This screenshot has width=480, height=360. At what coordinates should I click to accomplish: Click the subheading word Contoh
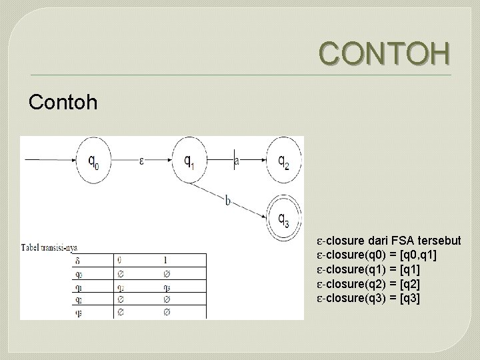coord(63,102)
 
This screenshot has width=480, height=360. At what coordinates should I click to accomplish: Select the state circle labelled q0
coord(95,159)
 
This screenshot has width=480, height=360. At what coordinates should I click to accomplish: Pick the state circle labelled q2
coord(283,160)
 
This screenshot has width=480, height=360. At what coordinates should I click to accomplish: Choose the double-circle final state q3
coord(283,217)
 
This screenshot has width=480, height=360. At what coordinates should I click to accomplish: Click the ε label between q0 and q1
coord(141,161)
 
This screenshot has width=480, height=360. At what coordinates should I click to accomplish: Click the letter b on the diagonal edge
coord(228,201)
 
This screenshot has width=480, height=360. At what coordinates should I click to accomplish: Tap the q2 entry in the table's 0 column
coord(119,287)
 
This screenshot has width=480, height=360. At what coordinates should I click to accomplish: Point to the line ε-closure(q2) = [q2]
coord(369,285)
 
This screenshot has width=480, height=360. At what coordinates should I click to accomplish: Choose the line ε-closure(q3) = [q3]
coord(369,299)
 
